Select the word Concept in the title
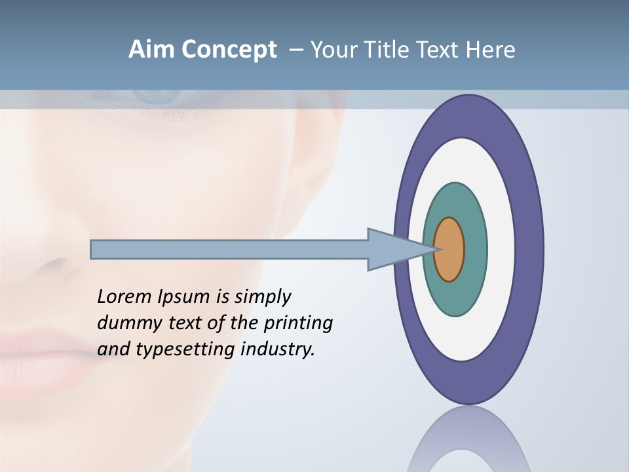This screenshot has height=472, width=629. pyautogui.click(x=229, y=50)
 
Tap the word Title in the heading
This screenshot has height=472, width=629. pyautogui.click(x=391, y=50)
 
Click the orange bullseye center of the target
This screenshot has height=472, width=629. pyautogui.click(x=449, y=250)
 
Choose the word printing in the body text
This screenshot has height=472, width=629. pyautogui.click(x=297, y=323)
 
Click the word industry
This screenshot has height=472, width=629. pyautogui.click(x=278, y=349)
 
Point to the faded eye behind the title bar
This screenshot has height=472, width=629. pyautogui.click(x=154, y=96)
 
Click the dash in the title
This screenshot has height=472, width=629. pyautogui.click(x=296, y=50)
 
